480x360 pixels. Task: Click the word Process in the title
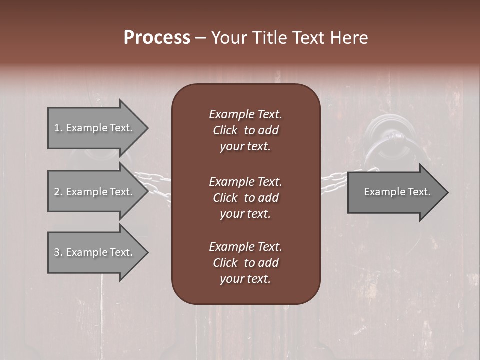pyautogui.click(x=157, y=38)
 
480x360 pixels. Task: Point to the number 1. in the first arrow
pyautogui.click(x=58, y=128)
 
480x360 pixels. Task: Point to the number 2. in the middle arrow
pyautogui.click(x=58, y=192)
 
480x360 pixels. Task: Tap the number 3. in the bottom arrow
pyautogui.click(x=58, y=252)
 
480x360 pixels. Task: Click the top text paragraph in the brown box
pyautogui.click(x=245, y=130)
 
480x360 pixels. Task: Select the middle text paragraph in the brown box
pyautogui.click(x=245, y=197)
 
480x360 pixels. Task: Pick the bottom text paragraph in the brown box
pyautogui.click(x=245, y=263)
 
